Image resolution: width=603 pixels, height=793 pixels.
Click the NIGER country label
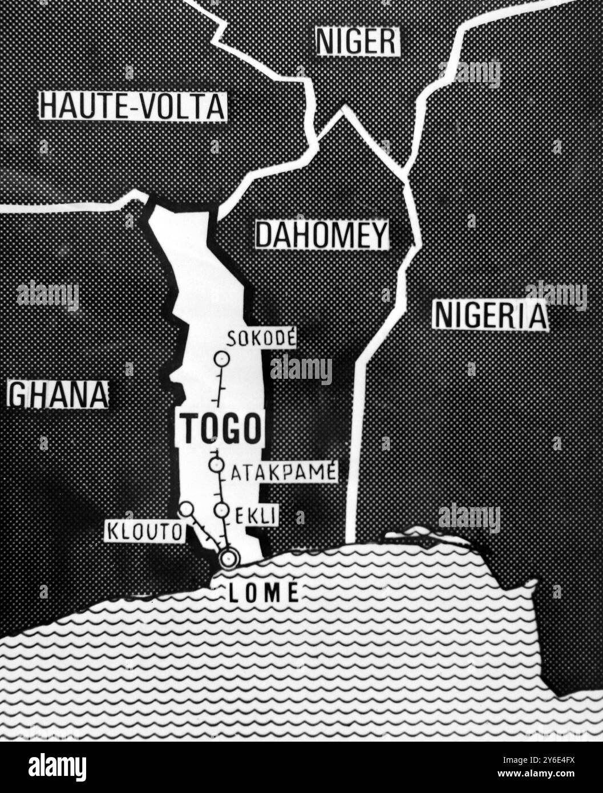[358, 41]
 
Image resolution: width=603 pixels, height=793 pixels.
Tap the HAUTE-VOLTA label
[133, 106]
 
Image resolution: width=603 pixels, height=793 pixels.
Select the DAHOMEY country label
[322, 234]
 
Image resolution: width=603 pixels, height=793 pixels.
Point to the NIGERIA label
[490, 315]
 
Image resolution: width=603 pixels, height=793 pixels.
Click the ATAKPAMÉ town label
[284, 472]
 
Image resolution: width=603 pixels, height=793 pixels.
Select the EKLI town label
[256, 515]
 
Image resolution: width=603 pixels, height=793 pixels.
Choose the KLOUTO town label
[145, 532]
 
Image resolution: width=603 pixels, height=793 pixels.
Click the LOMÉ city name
[264, 593]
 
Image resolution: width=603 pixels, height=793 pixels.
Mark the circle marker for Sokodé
[221, 359]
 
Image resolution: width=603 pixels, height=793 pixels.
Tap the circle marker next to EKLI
[221, 510]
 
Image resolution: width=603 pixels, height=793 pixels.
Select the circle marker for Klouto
[187, 508]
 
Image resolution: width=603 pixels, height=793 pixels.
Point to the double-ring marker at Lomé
[229, 559]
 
